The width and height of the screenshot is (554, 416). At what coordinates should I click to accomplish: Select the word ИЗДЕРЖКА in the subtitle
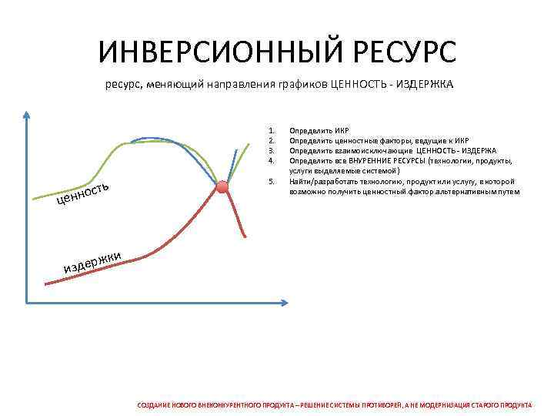425,86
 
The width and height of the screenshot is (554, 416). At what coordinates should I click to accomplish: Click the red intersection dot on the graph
222,186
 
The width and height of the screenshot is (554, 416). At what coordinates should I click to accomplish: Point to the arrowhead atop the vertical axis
27,116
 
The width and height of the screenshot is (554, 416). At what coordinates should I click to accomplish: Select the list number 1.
271,131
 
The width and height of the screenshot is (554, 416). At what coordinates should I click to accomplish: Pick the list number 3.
271,151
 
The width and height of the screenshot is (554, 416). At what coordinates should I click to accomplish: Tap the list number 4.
271,161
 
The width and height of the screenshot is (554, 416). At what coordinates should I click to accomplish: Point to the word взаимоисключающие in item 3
365,151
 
